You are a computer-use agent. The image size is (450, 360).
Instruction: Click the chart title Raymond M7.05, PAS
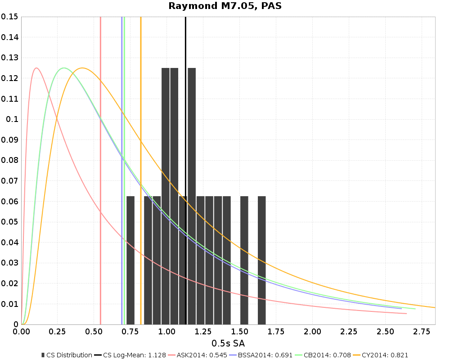pyautogui.click(x=225, y=6)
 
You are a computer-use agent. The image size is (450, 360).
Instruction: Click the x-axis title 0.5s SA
pyautogui.click(x=228, y=344)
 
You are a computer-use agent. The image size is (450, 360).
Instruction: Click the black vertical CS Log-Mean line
pyautogui.click(x=185, y=135)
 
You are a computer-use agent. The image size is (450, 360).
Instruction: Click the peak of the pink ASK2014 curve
pyautogui.click(x=36, y=68)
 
